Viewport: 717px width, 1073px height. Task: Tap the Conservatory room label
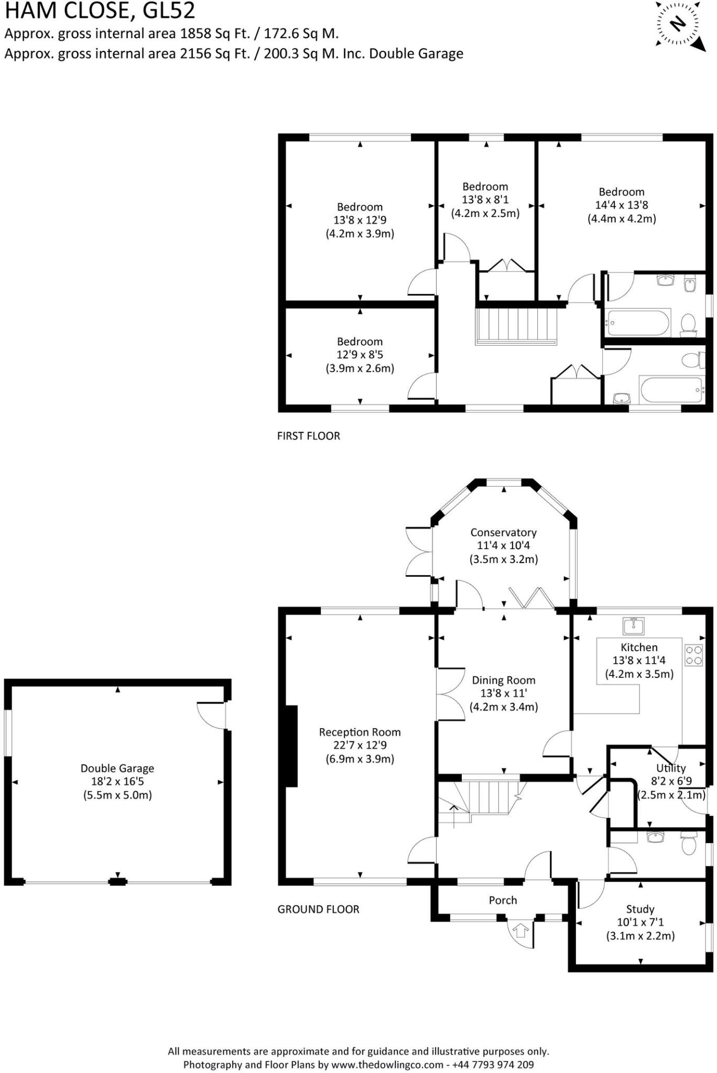click(x=503, y=532)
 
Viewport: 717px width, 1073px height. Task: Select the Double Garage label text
click(x=117, y=768)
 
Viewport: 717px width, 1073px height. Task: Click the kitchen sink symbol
click(x=634, y=626)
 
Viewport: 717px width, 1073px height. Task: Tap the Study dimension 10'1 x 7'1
click(x=640, y=922)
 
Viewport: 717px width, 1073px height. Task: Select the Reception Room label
click(x=360, y=732)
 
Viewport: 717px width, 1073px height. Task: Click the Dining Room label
click(x=503, y=680)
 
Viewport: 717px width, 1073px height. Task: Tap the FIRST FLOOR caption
click(x=308, y=436)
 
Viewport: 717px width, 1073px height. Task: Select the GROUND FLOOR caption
click(x=318, y=909)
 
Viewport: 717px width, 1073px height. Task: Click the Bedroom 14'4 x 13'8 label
click(x=622, y=192)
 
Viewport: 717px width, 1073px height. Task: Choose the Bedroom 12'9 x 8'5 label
click(x=360, y=342)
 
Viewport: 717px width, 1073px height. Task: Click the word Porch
click(x=503, y=900)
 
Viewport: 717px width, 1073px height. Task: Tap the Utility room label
click(x=670, y=768)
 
